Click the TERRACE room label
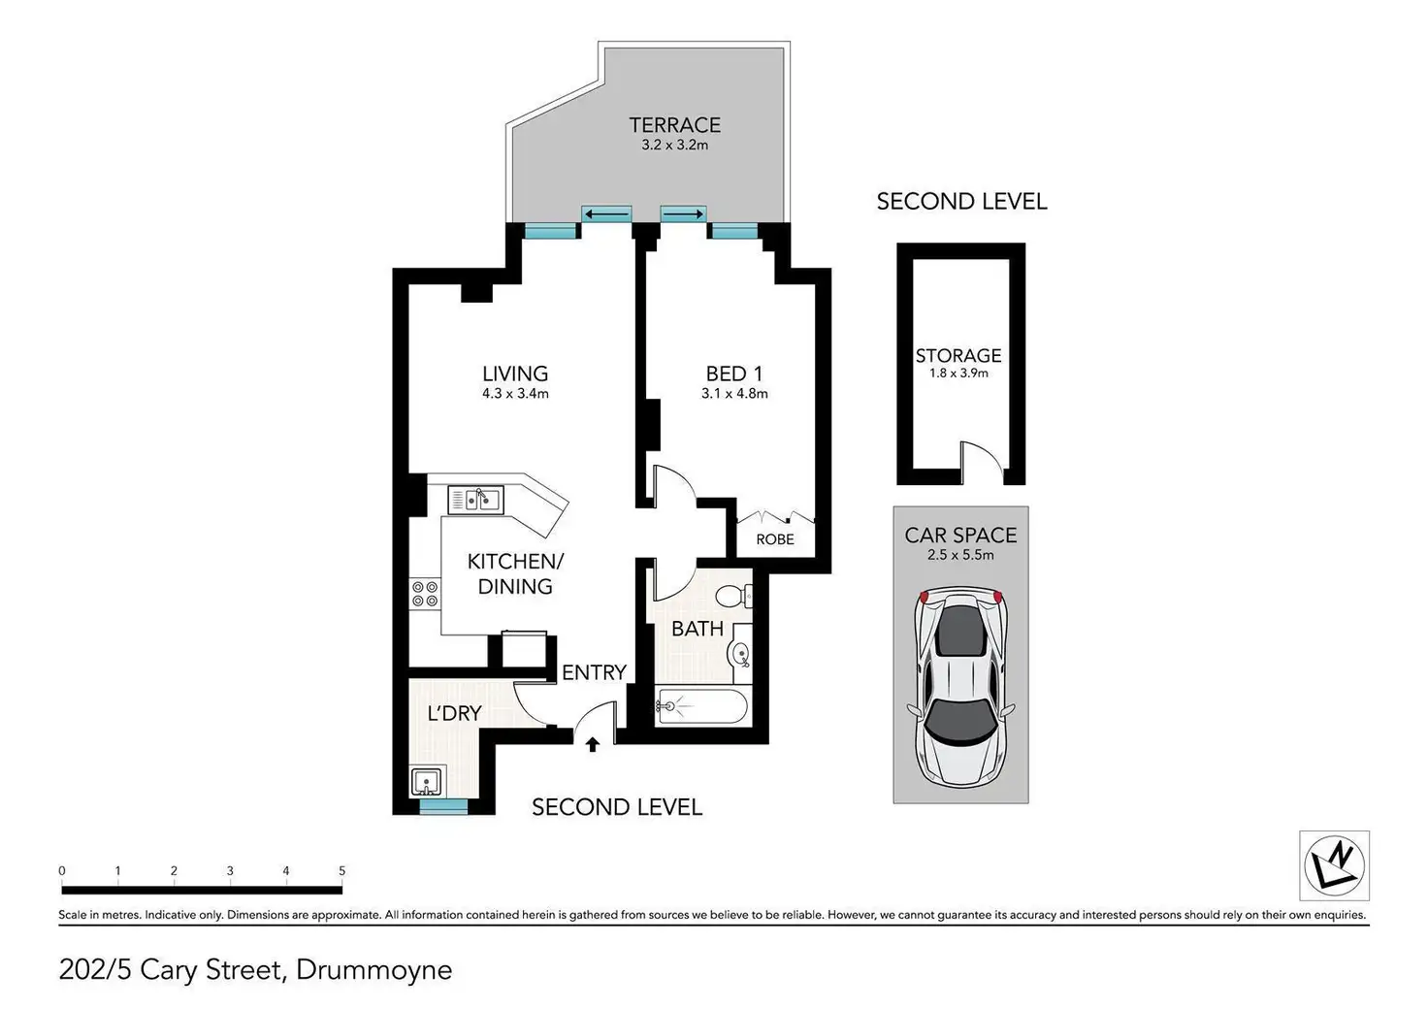pos(674,125)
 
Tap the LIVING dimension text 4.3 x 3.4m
pos(515,394)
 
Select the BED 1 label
pos(734,374)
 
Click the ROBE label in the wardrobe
pos(775,539)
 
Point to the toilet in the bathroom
pos(733,597)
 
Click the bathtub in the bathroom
pos(701,705)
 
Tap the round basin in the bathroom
pos(741,654)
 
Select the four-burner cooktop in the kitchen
pos(425,594)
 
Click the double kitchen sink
pos(475,501)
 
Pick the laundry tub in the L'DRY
pos(427,781)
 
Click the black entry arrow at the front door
pos(593,744)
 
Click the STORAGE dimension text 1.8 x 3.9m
pos(958,374)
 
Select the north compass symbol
pos(1334,865)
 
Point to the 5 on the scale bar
pos(342,870)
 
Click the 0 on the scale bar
pos(62,870)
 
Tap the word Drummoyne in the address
pos(374,970)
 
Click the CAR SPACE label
pos(960,536)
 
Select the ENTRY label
pos(594,672)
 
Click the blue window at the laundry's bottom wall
pos(443,807)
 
